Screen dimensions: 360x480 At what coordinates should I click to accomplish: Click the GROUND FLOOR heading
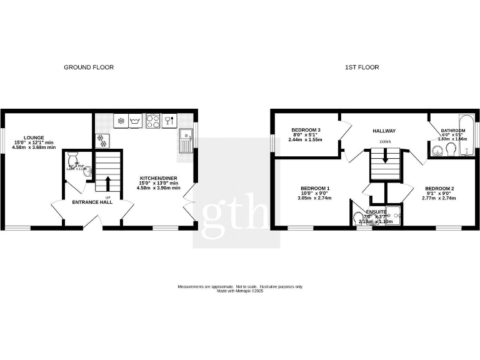click(89, 67)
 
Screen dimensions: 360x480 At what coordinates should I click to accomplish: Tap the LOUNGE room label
click(34, 137)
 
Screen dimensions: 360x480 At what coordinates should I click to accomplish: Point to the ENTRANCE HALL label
click(92, 202)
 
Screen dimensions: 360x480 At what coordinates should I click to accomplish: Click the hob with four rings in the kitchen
click(152, 120)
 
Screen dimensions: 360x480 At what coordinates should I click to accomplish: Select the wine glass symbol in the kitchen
click(168, 120)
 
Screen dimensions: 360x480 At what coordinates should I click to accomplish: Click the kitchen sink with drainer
click(185, 141)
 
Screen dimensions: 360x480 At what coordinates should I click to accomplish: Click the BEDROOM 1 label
click(315, 188)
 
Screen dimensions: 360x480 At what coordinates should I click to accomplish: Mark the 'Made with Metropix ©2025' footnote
click(240, 291)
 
